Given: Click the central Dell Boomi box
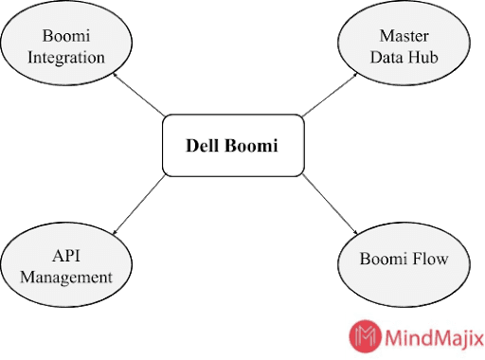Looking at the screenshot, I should point(233,147).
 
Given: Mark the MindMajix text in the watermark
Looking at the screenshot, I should point(430,334).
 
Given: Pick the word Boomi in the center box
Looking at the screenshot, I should point(252,147).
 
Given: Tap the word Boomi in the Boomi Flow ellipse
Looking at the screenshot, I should point(385,259).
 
